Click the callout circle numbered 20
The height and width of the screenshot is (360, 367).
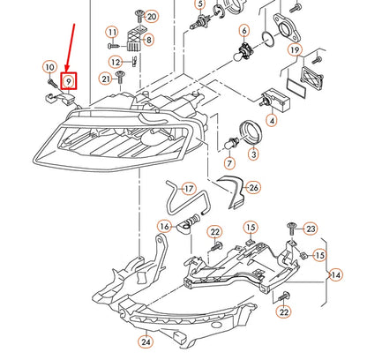pyautogui.click(x=152, y=17)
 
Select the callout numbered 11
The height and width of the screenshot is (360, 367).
pyautogui.click(x=112, y=33)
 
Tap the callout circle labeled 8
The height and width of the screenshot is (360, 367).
pyautogui.click(x=146, y=40)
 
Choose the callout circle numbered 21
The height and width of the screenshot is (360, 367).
pyautogui.click(x=106, y=79)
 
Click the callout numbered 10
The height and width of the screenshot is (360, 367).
pyautogui.click(x=49, y=67)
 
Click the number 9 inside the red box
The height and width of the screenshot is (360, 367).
pyautogui.click(x=68, y=81)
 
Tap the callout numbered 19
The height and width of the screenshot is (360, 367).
pyautogui.click(x=295, y=50)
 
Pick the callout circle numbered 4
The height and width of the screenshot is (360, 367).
pyautogui.click(x=272, y=120)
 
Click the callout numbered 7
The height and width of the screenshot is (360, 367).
pyautogui.click(x=205, y=163)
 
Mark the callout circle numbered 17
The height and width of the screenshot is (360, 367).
pyautogui.click(x=186, y=188)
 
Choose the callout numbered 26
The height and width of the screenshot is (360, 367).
pyautogui.click(x=253, y=187)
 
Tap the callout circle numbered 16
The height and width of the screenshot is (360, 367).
pyautogui.click(x=165, y=227)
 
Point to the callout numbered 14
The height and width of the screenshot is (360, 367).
pyautogui.click(x=335, y=275)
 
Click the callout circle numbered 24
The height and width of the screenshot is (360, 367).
pyautogui.click(x=145, y=341)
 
